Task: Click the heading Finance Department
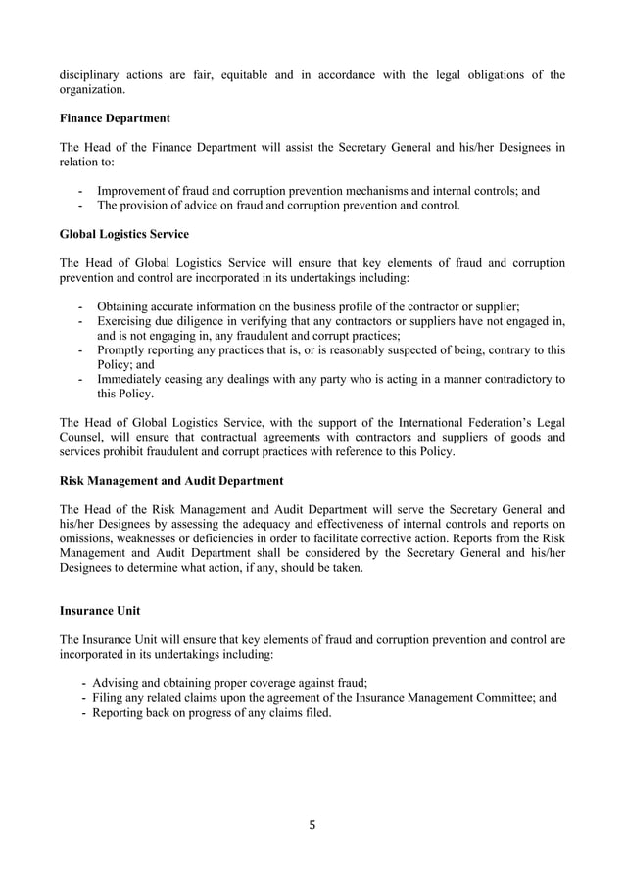pos(115,118)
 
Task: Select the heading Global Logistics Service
pos(124,235)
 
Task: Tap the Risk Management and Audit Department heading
pos(171,481)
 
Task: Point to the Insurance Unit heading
pos(100,611)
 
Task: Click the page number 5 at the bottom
pos(312,825)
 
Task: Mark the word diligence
pos(212,322)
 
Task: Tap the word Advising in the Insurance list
pos(120,683)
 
